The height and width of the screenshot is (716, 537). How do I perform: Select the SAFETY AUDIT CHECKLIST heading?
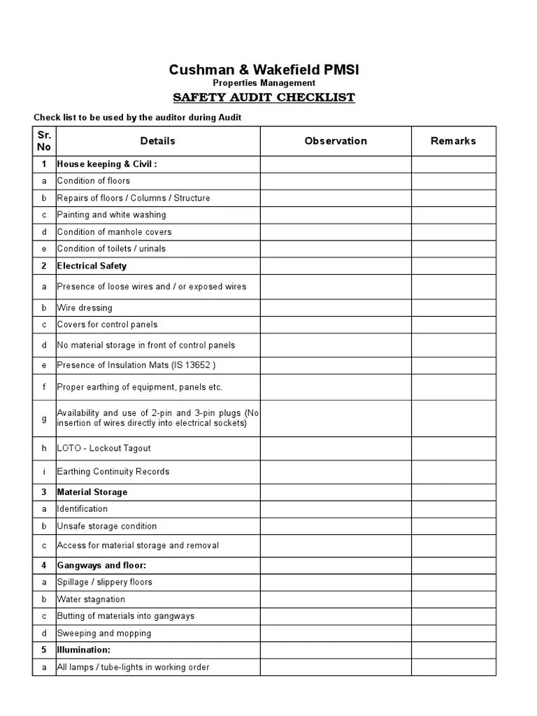tap(264, 97)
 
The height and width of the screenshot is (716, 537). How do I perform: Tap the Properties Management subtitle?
tap(264, 83)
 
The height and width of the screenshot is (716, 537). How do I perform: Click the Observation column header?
tap(336, 141)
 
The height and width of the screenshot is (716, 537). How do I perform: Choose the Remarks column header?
tap(453, 141)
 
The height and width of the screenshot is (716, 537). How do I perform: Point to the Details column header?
tap(158, 141)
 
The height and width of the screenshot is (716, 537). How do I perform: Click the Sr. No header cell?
tap(44, 141)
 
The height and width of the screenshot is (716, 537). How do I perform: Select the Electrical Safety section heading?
tap(92, 266)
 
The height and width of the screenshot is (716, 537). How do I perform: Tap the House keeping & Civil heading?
tap(107, 164)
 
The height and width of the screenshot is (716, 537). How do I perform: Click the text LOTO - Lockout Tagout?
tap(103, 448)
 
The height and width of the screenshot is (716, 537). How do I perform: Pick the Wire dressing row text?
tap(85, 308)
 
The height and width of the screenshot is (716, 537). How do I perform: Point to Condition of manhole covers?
tap(114, 232)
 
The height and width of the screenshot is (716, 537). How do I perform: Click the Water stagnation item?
tap(91, 599)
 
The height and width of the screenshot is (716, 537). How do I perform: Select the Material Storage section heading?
tap(92, 492)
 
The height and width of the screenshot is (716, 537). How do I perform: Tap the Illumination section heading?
tap(84, 650)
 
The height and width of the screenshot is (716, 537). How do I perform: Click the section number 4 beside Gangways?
tap(44, 565)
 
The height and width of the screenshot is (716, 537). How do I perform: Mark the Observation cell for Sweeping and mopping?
tap(336, 633)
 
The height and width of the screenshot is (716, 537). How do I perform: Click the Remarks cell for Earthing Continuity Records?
tap(453, 471)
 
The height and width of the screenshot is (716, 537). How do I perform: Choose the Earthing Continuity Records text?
tap(113, 471)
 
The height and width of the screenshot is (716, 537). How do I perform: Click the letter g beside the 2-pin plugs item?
tap(44, 418)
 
